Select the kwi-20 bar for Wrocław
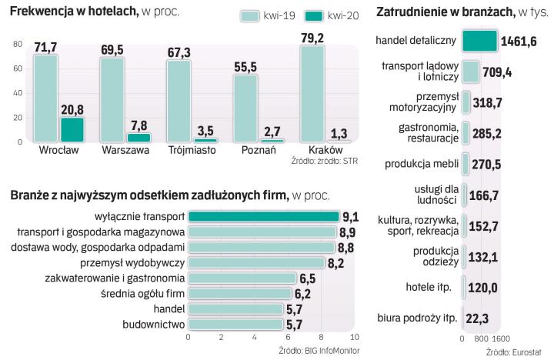coord(72,129)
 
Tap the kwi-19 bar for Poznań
coord(245,108)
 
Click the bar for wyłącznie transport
coord(263,216)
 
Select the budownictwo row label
coord(153,324)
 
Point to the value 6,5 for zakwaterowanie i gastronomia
coord(308,278)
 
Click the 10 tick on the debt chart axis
coord(354,338)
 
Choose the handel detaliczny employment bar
coord(479,41)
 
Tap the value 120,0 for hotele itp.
coord(484,288)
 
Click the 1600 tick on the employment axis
coord(501,338)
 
